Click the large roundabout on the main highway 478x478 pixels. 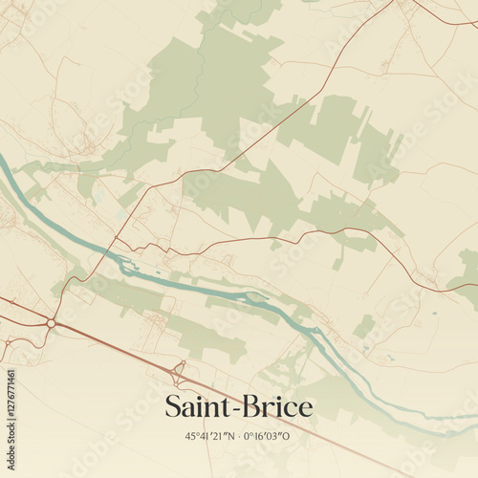(51, 323)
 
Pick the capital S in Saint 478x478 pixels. (173, 407)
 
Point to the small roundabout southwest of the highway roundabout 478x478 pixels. (8, 341)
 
